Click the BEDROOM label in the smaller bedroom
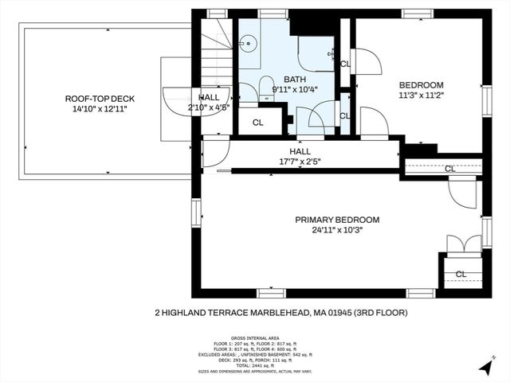coord(421,84)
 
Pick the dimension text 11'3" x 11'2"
coord(421,95)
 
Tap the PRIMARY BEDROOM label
coord(337,220)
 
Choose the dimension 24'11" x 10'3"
coord(337,230)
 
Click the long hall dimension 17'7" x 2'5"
coord(300,162)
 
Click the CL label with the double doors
coord(461,274)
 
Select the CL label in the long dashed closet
coord(450,169)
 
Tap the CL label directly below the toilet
coord(257,123)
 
